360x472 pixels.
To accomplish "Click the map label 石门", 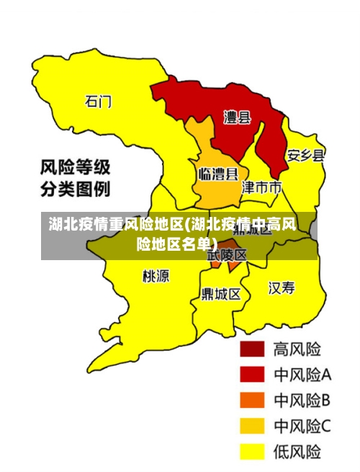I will (x=98, y=101).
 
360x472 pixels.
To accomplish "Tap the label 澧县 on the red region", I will (x=237, y=117).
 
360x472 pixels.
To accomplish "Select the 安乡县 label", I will (x=305, y=155).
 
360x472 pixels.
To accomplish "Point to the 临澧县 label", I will (x=217, y=174).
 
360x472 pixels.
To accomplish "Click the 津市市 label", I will (x=261, y=188).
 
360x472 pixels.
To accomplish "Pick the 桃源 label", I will (x=156, y=275).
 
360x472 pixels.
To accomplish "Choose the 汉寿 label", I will (x=282, y=288).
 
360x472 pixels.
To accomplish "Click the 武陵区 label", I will (x=227, y=255).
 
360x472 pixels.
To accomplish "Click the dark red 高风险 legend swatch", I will (x=252, y=349).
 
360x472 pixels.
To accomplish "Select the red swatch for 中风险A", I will (x=252, y=375).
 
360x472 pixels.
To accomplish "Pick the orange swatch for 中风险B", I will (x=252, y=400).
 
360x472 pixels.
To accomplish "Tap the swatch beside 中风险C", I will (x=252, y=426).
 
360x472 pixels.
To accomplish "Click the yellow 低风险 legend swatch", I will (x=252, y=451).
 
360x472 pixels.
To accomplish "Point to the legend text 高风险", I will (x=297, y=349).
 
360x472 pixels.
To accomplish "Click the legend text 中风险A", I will (x=302, y=375).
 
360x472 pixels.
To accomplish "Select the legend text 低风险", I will (x=297, y=452).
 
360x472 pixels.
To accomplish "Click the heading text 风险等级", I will (x=75, y=169).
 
